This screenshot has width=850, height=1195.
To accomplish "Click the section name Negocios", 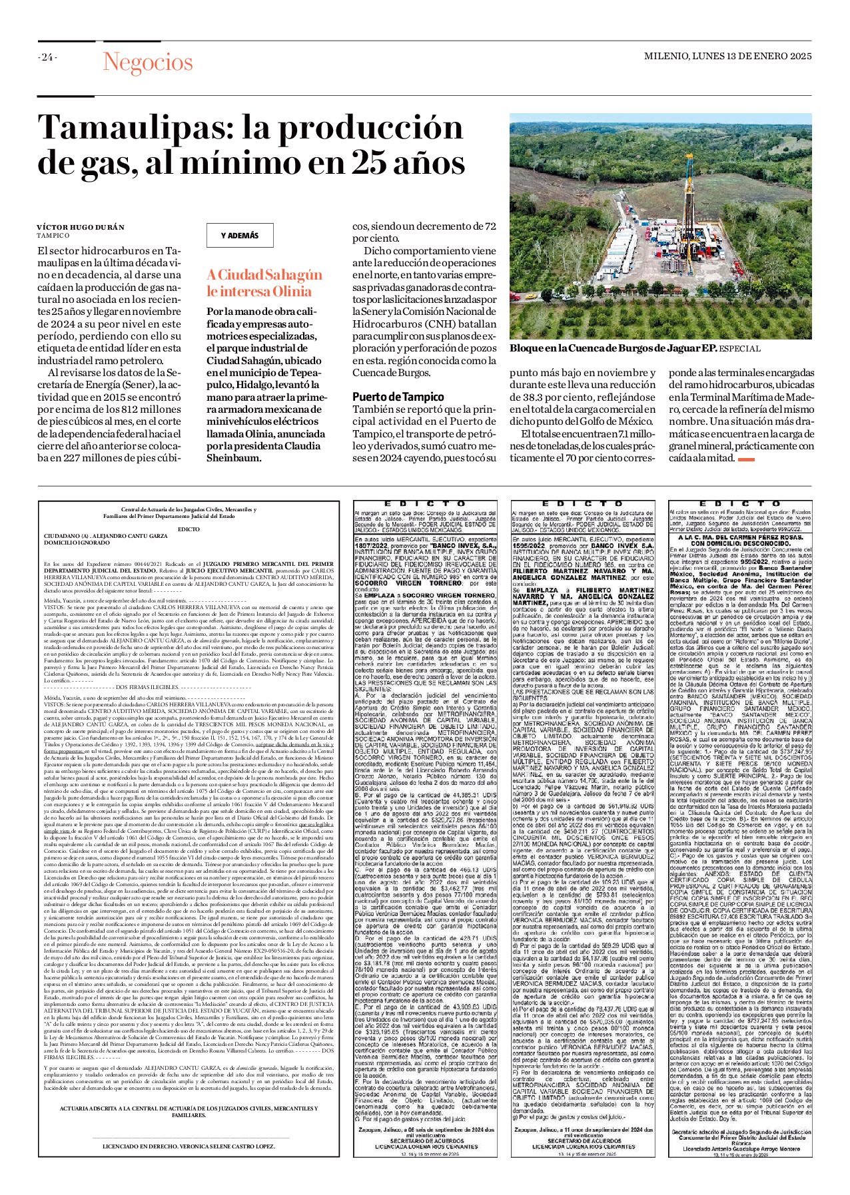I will [147, 63].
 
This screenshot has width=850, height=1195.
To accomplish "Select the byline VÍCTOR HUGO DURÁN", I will [81, 227].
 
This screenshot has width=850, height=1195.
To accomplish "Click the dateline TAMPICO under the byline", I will [53, 236].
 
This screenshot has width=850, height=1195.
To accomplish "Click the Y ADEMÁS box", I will [239, 236].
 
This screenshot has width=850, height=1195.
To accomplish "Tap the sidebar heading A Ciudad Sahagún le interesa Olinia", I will [264, 283].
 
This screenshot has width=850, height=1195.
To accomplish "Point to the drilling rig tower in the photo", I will [689, 193].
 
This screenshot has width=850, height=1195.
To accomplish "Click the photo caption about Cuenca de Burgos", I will [613, 349].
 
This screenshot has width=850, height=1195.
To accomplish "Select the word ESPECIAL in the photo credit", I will [739, 349].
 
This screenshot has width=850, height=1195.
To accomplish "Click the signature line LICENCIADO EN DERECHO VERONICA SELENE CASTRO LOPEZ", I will [189, 885].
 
